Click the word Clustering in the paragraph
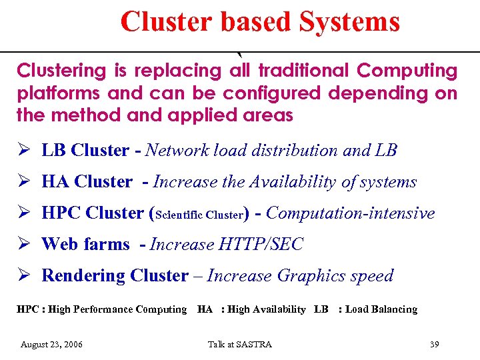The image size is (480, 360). pyautogui.click(x=61, y=71)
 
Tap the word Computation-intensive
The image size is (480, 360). pyautogui.click(x=350, y=213)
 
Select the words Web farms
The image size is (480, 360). pyautogui.click(x=85, y=245)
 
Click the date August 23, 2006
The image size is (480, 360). pyautogui.click(x=52, y=345)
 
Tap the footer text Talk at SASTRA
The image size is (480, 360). pyautogui.click(x=240, y=345)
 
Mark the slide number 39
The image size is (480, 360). pyautogui.click(x=435, y=345)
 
